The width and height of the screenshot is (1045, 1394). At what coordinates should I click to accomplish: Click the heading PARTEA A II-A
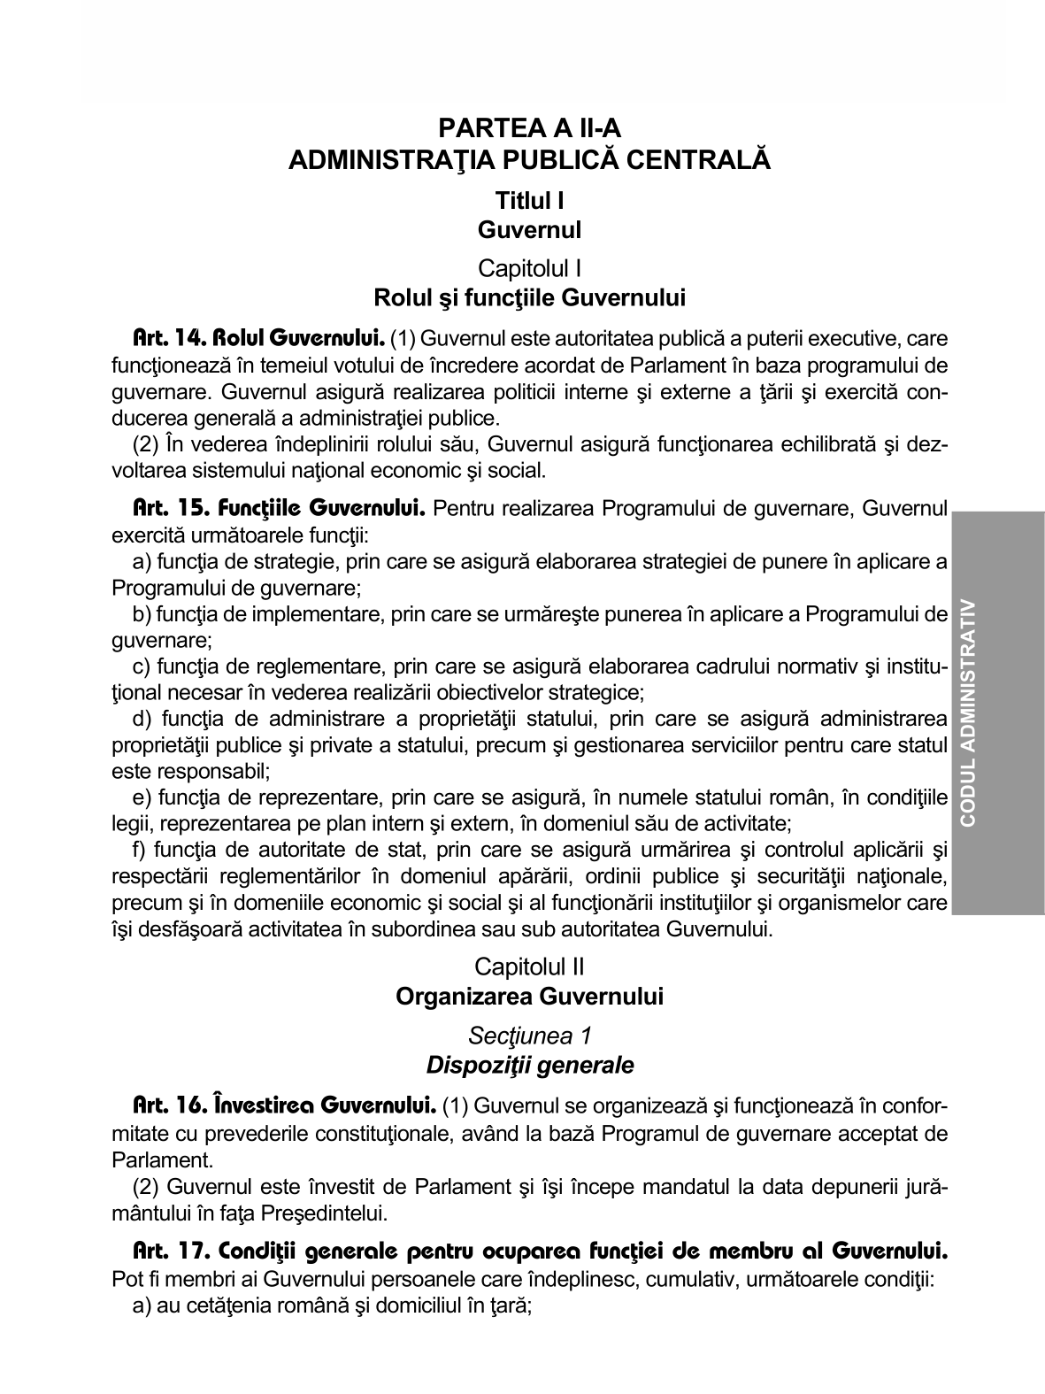pyautogui.click(x=529, y=129)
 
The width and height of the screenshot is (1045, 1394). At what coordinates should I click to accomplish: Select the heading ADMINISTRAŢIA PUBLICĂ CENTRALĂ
pyautogui.click(x=529, y=161)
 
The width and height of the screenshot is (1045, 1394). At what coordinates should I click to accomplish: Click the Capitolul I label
pyautogui.click(x=529, y=267)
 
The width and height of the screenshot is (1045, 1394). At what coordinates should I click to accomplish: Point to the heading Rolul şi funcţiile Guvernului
pyautogui.click(x=529, y=297)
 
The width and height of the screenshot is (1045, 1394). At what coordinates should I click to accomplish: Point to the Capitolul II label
pyautogui.click(x=529, y=966)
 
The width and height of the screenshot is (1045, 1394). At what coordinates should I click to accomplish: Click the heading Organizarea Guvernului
pyautogui.click(x=529, y=997)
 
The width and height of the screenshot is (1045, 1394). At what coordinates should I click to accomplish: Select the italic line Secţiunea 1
pyautogui.click(x=529, y=1035)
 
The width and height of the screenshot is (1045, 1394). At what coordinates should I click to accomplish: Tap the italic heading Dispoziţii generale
pyautogui.click(x=529, y=1066)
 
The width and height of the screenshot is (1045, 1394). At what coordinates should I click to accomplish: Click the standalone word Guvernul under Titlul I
pyautogui.click(x=529, y=230)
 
